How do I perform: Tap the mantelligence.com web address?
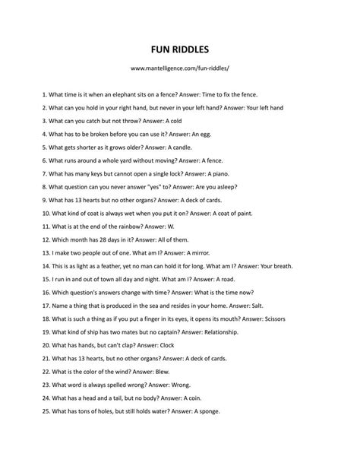[180, 68]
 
